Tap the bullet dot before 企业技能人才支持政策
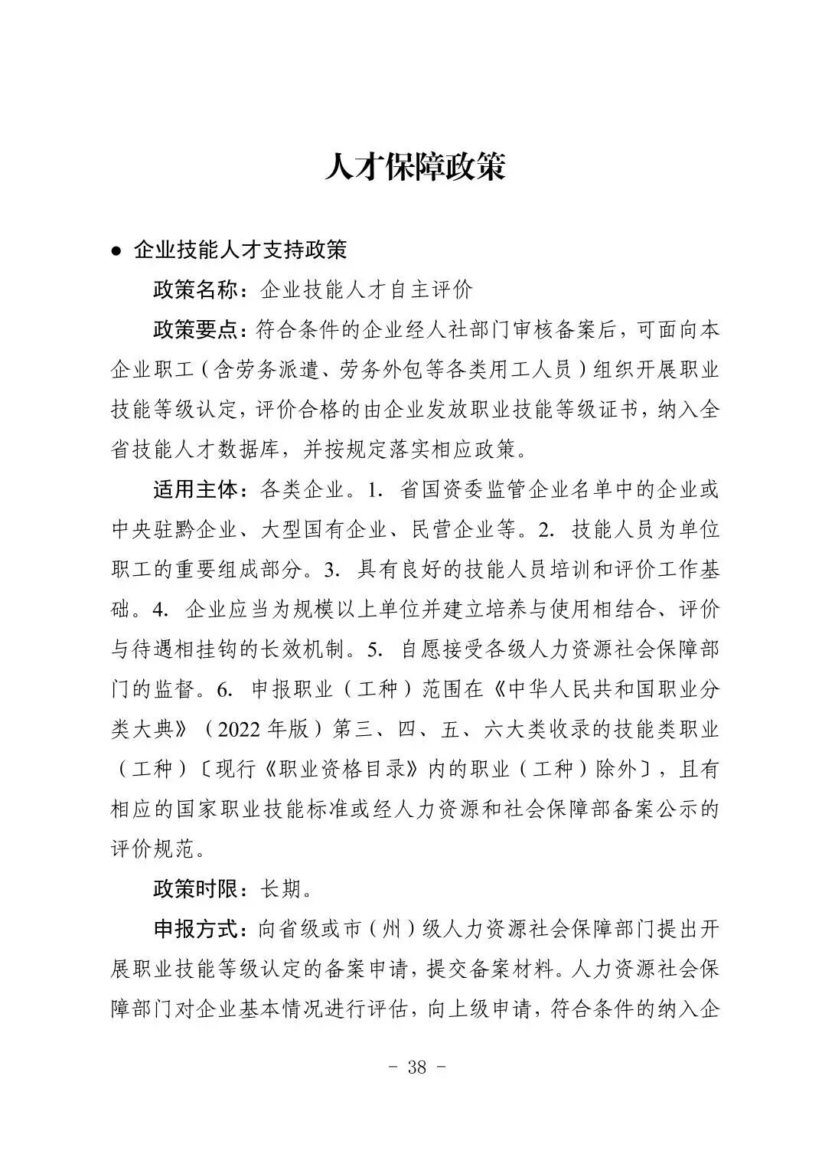point(116,251)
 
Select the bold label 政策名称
point(196,289)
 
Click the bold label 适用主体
point(196,489)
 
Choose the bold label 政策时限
point(196,889)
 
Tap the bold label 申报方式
point(196,930)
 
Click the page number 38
point(417,1068)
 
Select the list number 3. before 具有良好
point(331,570)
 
